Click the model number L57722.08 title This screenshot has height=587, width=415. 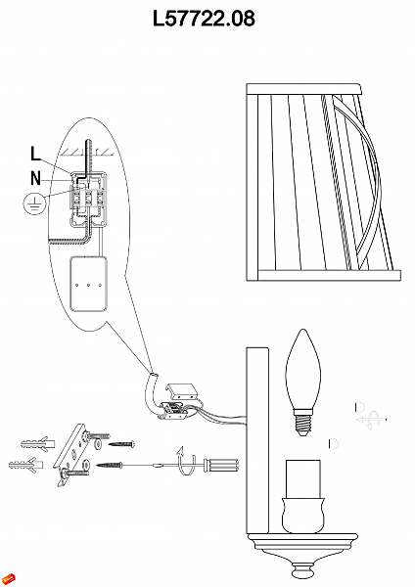point(205,19)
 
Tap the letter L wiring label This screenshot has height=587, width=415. point(35,154)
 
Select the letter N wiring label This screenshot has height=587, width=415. point(35,178)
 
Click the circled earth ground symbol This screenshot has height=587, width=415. point(34,204)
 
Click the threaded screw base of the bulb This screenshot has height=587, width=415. point(302,423)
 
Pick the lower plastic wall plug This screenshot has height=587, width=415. point(25,465)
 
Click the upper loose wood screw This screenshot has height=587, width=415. point(121,444)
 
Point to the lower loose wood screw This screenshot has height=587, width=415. point(110,466)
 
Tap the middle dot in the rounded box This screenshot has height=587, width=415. point(88,286)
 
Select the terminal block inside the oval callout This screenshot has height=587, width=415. point(87,199)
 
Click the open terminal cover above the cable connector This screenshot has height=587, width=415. point(181,391)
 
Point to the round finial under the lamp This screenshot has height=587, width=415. point(302,572)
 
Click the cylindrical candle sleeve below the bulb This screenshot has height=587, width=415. point(303,478)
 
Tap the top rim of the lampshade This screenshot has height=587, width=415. point(304,89)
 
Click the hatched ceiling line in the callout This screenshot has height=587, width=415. point(87,153)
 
